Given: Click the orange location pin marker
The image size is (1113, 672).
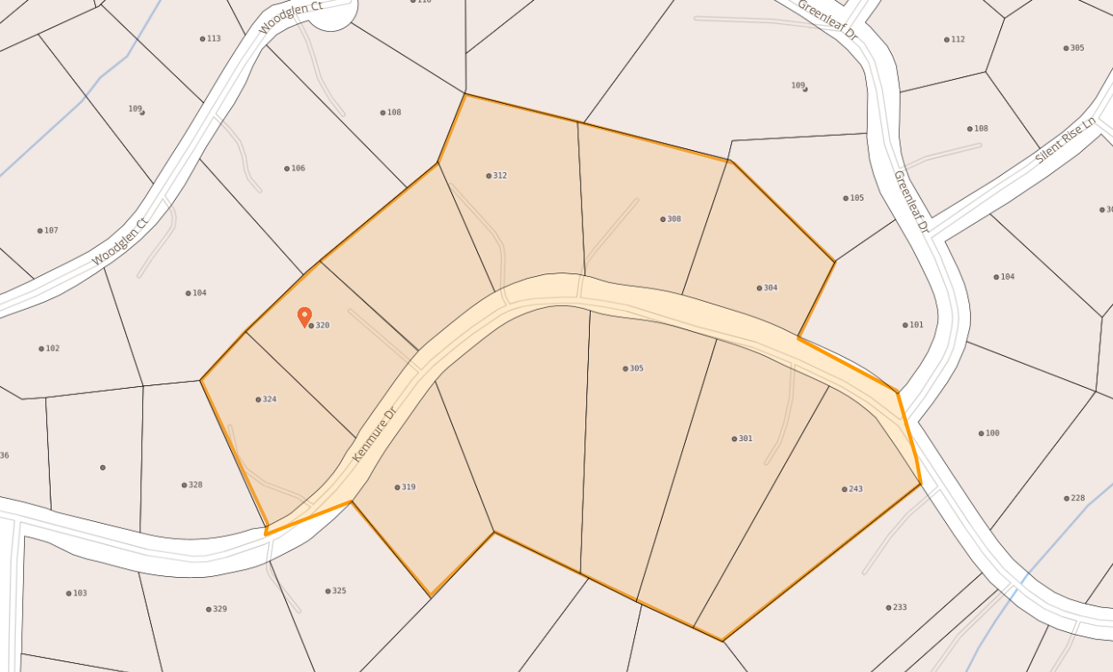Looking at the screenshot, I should pyautogui.click(x=305, y=316).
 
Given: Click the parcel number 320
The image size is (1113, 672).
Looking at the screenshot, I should pyautogui.click(x=322, y=326).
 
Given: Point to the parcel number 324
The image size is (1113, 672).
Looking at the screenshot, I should pyautogui.click(x=268, y=399).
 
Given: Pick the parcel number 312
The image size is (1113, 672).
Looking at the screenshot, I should pyautogui.click(x=498, y=176).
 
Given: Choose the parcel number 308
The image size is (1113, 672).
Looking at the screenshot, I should pyautogui.click(x=672, y=219).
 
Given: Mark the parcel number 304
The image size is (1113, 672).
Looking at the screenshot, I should pyautogui.click(x=769, y=288).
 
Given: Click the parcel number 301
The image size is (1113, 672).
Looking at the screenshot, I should pyautogui.click(x=744, y=439).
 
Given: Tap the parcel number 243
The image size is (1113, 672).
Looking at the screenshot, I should pyautogui.click(x=855, y=489).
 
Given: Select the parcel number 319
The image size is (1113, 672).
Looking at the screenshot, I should pyautogui.click(x=407, y=487).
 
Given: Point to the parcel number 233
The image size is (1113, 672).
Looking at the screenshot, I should pyautogui.click(x=898, y=608).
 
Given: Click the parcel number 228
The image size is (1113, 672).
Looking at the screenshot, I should pyautogui.click(x=1077, y=498).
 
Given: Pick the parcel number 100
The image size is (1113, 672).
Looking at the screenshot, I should pyautogui.click(x=991, y=433).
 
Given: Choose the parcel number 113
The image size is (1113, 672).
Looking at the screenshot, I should pyautogui.click(x=212, y=39).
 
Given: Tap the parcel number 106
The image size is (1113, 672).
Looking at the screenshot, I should pyautogui.click(x=297, y=169).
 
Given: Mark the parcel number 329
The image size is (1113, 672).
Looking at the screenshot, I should pyautogui.click(x=219, y=609).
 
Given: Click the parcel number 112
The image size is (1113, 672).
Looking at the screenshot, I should pyautogui.click(x=956, y=39).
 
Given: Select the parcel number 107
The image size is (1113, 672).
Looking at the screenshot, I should pyautogui.click(x=50, y=231).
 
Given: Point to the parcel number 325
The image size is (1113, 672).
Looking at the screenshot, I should pyautogui.click(x=338, y=591).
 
